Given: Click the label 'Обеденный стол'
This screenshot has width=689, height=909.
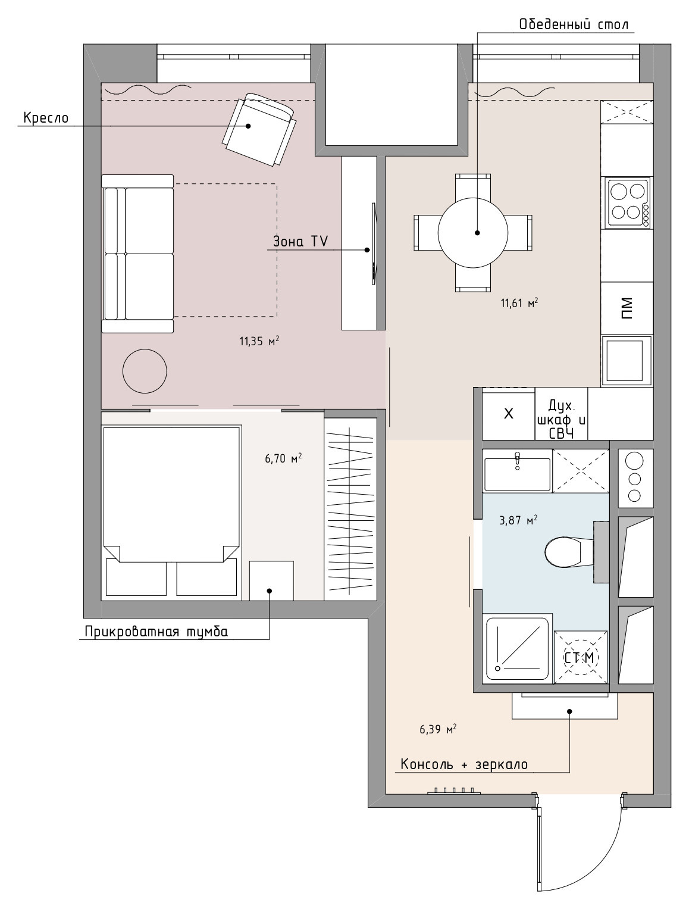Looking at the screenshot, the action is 574,24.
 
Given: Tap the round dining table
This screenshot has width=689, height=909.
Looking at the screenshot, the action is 473,233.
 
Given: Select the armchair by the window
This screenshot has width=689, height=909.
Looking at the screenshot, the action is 260,130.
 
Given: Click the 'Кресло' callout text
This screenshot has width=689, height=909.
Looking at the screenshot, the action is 46,118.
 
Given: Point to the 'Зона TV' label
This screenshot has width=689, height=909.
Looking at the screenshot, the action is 300,241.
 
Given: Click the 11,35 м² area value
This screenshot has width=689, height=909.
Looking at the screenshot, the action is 259,341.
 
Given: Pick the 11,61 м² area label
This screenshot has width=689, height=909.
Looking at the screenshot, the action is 519,303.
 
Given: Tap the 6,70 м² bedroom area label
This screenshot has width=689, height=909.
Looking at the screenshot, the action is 283,458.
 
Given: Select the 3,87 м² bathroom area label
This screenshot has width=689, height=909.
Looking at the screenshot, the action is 518,520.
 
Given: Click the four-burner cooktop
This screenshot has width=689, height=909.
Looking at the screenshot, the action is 628,202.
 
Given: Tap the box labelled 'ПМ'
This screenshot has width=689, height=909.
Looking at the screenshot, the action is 627,308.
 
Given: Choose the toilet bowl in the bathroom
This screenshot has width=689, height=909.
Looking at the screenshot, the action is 569,552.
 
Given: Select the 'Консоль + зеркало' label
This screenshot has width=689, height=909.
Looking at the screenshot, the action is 464,764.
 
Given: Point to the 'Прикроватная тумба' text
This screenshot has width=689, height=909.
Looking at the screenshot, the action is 156,632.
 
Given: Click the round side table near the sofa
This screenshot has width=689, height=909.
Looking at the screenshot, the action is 145,371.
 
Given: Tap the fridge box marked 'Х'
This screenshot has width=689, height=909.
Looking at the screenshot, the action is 509,413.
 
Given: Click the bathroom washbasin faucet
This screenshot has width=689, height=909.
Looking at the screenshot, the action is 517,461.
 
